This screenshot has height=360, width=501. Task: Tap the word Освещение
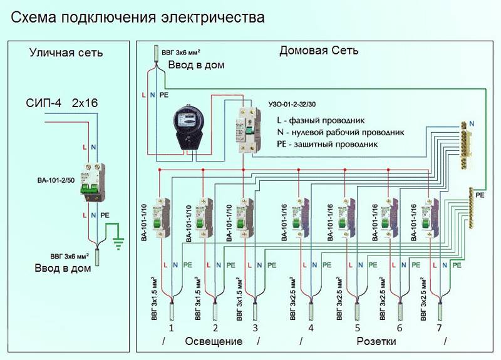(x=213, y=342)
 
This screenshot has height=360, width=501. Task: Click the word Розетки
(x=378, y=342)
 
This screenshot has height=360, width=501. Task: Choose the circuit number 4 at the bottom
(x=311, y=327)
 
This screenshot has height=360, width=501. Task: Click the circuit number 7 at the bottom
(x=440, y=327)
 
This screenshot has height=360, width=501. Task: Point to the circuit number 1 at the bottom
(x=172, y=327)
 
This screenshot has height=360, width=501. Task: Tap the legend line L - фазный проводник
(x=320, y=120)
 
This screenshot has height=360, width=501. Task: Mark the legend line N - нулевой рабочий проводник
(x=340, y=132)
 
